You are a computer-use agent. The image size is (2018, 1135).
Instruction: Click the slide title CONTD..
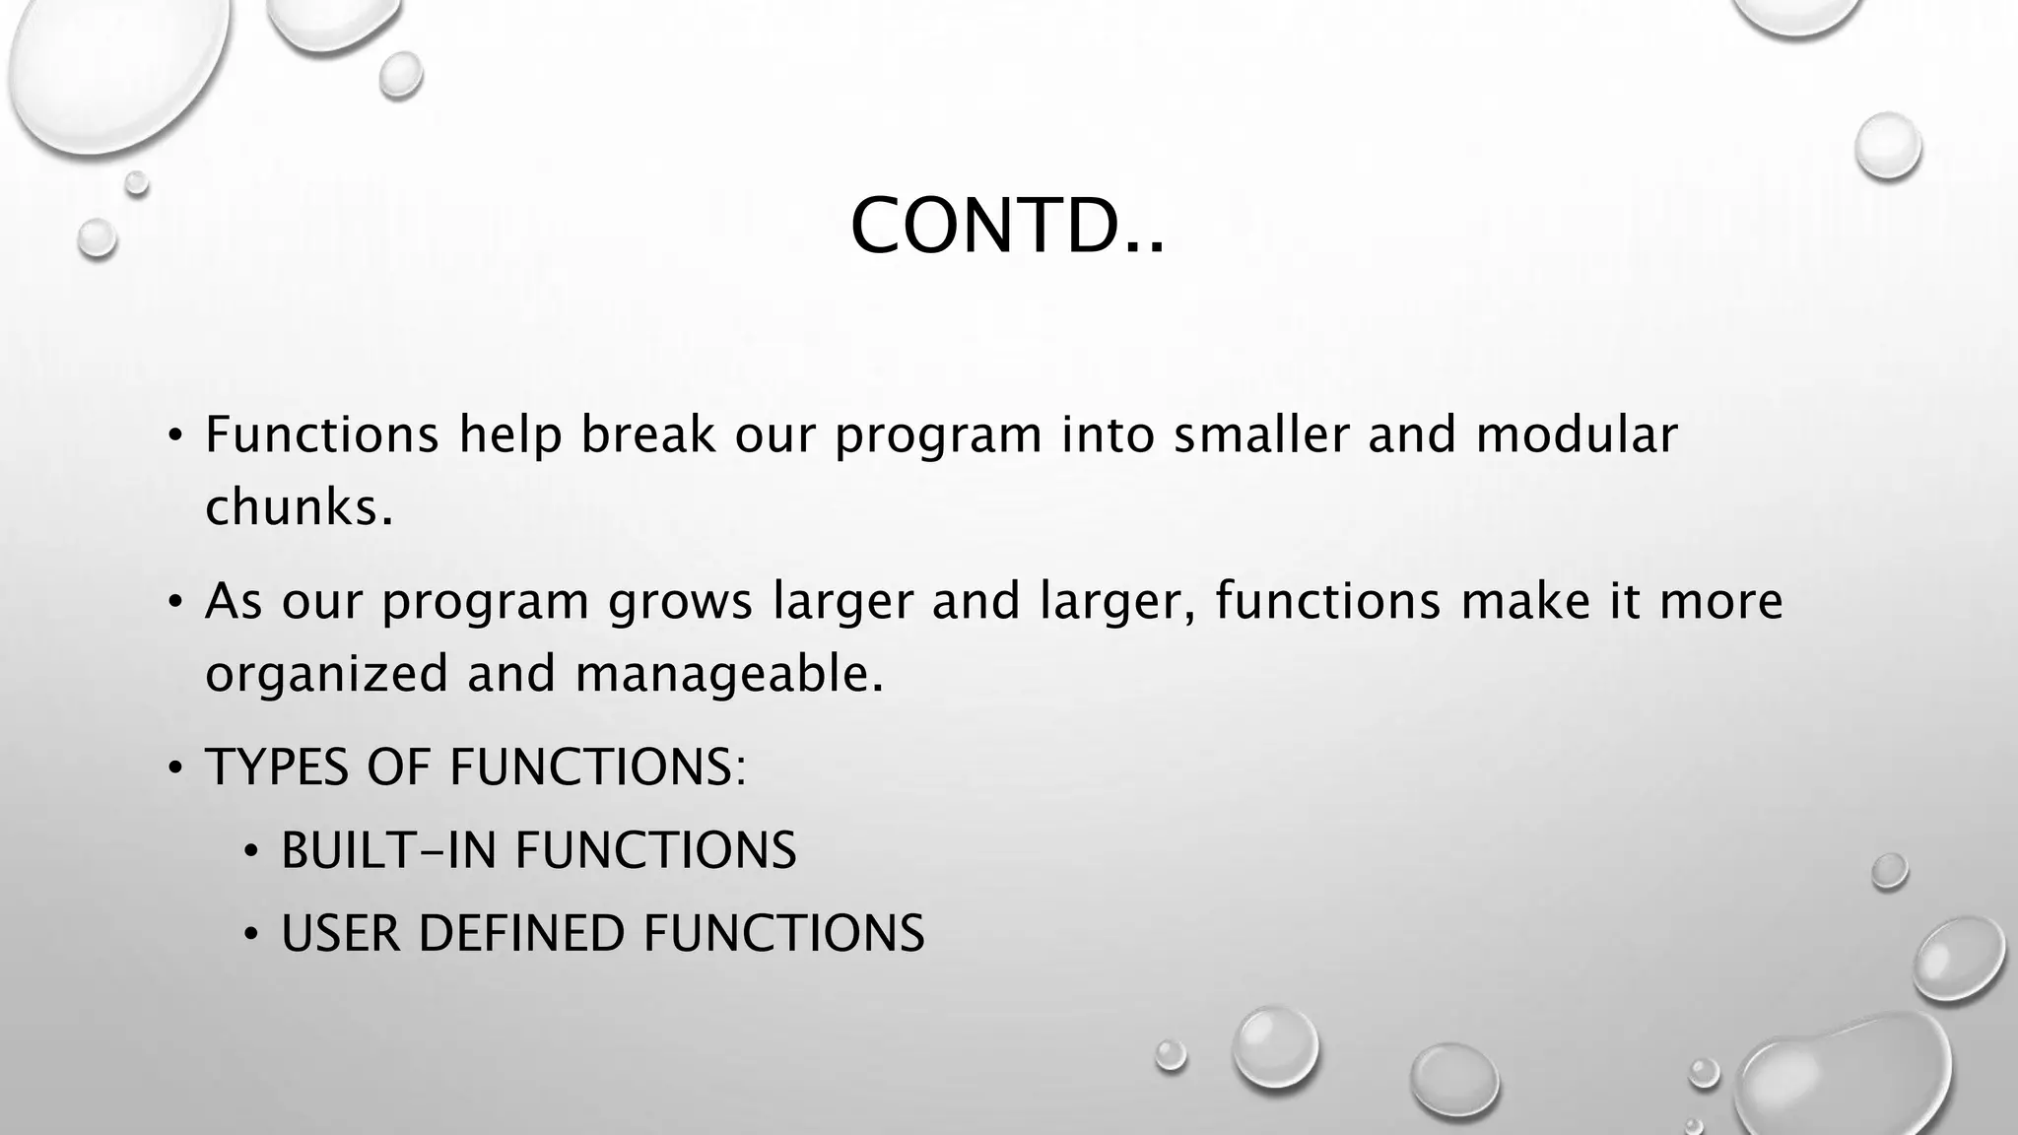(x=1006, y=227)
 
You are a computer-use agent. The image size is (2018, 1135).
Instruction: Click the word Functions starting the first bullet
(x=321, y=435)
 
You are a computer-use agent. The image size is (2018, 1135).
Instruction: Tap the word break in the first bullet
(x=647, y=435)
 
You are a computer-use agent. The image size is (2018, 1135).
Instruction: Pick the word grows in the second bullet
(x=680, y=603)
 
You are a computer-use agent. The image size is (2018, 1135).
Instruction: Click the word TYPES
(x=277, y=768)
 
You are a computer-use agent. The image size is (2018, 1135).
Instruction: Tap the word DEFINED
(x=521, y=934)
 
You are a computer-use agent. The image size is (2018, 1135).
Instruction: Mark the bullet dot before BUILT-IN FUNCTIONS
(x=252, y=850)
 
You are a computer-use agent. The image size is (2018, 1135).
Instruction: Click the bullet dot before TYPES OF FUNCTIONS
(x=175, y=768)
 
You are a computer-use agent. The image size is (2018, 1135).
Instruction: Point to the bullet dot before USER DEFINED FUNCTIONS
(x=252, y=934)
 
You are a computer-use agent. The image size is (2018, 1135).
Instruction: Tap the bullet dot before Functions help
(x=175, y=435)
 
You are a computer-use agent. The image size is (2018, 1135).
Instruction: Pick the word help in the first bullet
(x=510, y=435)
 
